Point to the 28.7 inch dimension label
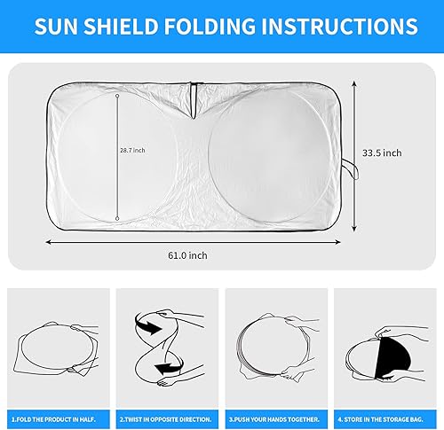pos(133,150)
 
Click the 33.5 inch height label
pos(383,152)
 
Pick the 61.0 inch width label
pos(188,255)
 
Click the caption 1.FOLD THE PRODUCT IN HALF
pos(53,417)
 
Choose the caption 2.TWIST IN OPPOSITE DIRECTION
pos(165,417)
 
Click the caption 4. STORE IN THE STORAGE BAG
pos(386,417)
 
